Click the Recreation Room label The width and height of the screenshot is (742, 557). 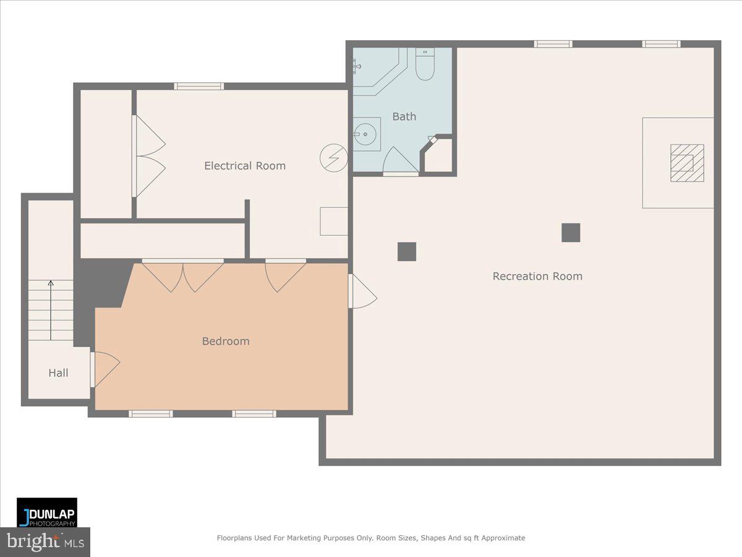[537, 277]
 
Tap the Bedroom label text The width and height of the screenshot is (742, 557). [226, 341]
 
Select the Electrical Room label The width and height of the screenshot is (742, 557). [245, 166]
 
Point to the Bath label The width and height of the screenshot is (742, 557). [404, 116]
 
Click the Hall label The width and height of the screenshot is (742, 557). [59, 373]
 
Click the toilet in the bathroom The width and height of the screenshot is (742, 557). [425, 65]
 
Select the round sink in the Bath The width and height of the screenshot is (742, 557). [367, 133]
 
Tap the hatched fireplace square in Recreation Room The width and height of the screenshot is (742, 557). [687, 163]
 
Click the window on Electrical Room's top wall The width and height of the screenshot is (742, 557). [198, 86]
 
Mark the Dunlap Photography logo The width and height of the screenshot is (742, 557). [47, 512]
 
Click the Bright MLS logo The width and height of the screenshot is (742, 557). [45, 542]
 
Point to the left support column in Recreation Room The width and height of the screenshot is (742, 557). [407, 252]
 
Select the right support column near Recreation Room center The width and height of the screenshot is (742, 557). [571, 233]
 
